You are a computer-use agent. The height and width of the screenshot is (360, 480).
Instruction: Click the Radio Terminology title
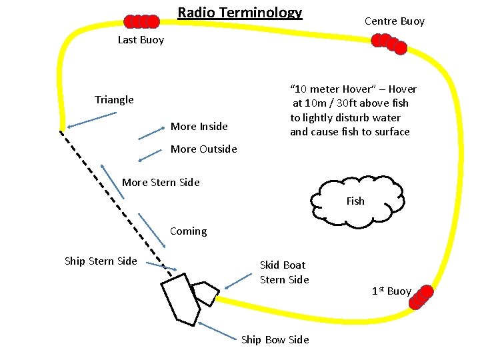(x=240, y=13)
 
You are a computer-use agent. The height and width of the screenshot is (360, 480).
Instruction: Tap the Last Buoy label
(x=141, y=40)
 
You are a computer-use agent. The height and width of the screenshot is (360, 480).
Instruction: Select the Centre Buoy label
(x=394, y=21)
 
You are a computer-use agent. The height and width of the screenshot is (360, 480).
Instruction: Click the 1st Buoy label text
(x=391, y=291)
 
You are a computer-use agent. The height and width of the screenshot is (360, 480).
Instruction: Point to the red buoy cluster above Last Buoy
(x=142, y=21)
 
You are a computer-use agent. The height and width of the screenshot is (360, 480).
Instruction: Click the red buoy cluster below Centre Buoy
(x=389, y=43)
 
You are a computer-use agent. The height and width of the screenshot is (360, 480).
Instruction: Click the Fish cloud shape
(x=355, y=201)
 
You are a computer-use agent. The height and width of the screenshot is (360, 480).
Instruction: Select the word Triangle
(x=114, y=100)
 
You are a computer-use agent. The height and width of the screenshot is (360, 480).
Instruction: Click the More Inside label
(x=199, y=127)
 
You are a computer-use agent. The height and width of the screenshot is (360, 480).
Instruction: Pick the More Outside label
(x=203, y=149)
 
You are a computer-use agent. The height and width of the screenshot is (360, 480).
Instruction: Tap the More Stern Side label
(x=161, y=183)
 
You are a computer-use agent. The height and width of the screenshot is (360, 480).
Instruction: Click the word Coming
(x=188, y=231)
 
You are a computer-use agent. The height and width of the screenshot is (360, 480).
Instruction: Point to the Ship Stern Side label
(x=101, y=261)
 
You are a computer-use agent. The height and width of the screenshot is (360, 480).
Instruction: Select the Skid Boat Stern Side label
(x=284, y=272)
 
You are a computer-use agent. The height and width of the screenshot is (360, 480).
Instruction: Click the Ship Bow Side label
(x=275, y=340)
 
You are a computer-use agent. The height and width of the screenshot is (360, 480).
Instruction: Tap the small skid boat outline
(x=205, y=292)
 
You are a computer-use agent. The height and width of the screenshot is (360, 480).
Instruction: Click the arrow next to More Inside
(x=151, y=133)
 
